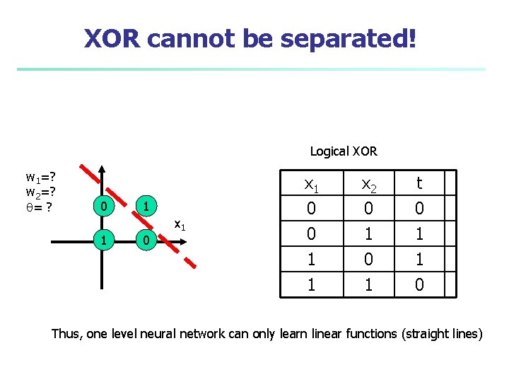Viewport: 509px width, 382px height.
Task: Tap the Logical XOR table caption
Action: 344,151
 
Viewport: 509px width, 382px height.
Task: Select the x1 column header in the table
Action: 310,184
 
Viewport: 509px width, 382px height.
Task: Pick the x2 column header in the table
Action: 368,184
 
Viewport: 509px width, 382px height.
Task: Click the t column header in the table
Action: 419,184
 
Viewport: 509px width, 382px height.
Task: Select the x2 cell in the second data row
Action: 368,233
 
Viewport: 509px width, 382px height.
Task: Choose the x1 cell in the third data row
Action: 310,259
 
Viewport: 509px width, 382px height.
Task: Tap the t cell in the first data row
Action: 419,209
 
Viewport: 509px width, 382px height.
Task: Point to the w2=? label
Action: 41,192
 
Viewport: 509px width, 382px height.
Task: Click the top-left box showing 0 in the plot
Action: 103,207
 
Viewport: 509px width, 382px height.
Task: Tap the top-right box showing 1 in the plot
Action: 144,207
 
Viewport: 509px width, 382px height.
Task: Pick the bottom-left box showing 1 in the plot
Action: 103,241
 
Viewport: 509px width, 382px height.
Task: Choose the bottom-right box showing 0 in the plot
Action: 144,241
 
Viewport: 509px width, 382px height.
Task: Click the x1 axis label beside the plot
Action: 180,226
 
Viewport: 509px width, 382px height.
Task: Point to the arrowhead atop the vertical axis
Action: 103,169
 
